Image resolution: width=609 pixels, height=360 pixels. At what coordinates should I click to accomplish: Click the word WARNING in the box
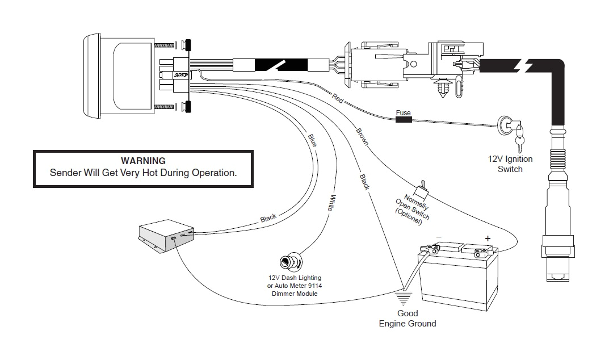pyautogui.click(x=143, y=161)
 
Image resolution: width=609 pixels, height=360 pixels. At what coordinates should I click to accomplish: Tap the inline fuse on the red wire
pyautogui.click(x=403, y=120)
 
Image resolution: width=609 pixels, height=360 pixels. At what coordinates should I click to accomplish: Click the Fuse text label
pyautogui.click(x=403, y=113)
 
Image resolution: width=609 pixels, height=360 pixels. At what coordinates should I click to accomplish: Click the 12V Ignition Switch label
pyautogui.click(x=510, y=164)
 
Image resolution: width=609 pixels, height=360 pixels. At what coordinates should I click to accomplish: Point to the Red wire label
pyautogui.click(x=338, y=98)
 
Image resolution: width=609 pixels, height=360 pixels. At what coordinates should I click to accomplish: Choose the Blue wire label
pyautogui.click(x=312, y=140)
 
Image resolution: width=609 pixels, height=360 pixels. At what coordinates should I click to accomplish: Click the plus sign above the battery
pyautogui.click(x=486, y=238)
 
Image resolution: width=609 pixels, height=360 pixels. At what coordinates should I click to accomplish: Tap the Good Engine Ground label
pyautogui.click(x=407, y=319)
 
